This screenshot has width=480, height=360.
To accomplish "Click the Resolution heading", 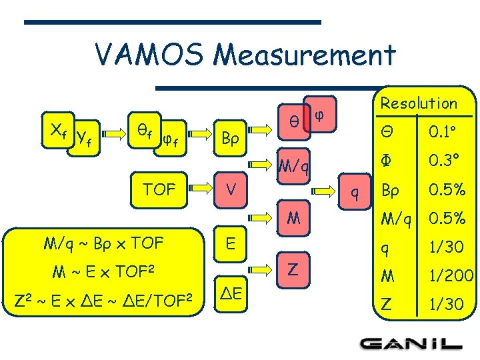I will click(419, 103).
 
